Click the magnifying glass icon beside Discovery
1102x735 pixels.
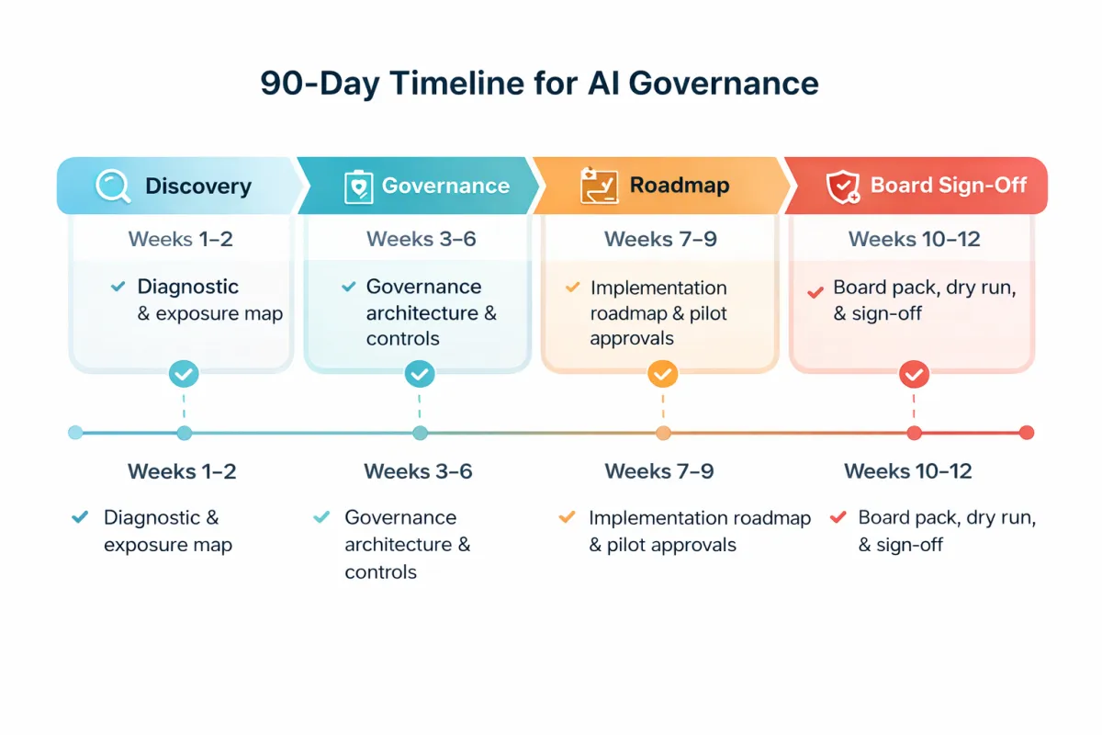[x=113, y=186]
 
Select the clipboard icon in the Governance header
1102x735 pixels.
[x=357, y=186]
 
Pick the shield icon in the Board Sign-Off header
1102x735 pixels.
[x=842, y=186]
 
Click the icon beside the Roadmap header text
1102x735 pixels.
[x=599, y=186]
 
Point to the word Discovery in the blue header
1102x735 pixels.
[x=197, y=186]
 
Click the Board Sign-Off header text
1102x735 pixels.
[x=948, y=186]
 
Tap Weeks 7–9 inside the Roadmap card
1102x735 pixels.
[x=660, y=240]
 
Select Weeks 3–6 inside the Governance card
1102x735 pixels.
[x=422, y=240]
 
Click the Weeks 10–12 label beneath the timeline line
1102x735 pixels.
[x=907, y=471]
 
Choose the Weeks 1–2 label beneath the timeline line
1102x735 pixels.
[x=182, y=471]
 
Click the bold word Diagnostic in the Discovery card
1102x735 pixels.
[x=187, y=287]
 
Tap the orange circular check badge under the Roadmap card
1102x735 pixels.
[x=662, y=374]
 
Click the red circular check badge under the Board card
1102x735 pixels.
[x=914, y=374]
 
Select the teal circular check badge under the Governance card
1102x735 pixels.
[x=420, y=374]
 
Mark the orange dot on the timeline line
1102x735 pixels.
[x=663, y=433]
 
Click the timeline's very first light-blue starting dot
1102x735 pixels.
[x=75, y=433]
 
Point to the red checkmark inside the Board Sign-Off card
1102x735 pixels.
[x=814, y=292]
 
